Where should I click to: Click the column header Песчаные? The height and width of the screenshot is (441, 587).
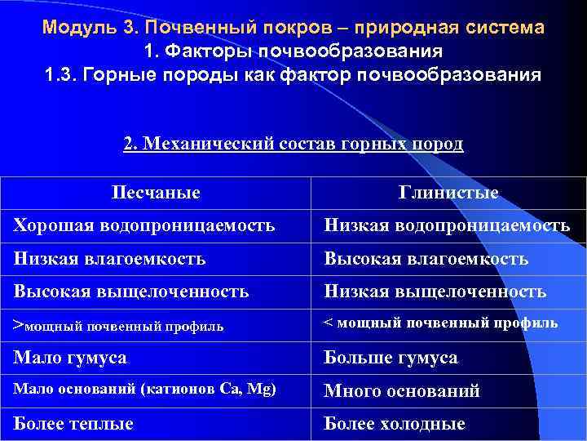pyautogui.click(x=156, y=193)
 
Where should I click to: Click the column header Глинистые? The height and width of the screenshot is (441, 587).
pyautogui.click(x=448, y=193)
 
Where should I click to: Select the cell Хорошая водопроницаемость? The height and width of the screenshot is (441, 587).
pyautogui.click(x=144, y=225)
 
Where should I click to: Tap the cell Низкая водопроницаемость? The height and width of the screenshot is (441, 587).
pyautogui.click(x=447, y=225)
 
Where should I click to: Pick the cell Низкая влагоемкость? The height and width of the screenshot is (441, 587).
pyautogui.click(x=109, y=258)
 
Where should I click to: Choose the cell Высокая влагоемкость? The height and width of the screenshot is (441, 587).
pyautogui.click(x=426, y=258)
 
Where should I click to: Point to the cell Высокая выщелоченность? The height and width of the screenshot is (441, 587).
pyautogui.click(x=131, y=291)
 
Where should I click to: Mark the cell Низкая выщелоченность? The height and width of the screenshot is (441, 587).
pyautogui.click(x=435, y=291)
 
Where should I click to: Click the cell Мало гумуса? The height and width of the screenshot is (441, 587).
pyautogui.click(x=70, y=358)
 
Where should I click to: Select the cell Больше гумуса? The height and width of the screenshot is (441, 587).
pyautogui.click(x=391, y=358)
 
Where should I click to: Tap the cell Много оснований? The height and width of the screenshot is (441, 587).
pyautogui.click(x=402, y=391)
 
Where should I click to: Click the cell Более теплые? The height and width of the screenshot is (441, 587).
pyautogui.click(x=73, y=424)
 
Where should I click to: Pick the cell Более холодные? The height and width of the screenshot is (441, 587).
pyautogui.click(x=395, y=424)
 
